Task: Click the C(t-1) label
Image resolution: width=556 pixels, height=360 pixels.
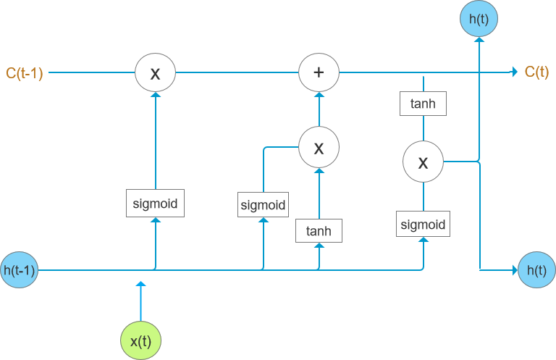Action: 25,72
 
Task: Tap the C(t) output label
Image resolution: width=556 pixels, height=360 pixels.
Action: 536,72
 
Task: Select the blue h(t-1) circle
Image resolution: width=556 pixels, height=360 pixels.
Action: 20,271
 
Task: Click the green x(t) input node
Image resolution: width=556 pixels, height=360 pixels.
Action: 140,340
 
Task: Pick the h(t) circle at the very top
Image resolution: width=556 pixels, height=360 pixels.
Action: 478,19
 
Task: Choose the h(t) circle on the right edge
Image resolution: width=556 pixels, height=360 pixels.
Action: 536,270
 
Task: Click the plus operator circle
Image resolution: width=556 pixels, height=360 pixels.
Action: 319,72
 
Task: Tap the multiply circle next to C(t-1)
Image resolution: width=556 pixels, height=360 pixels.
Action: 155,72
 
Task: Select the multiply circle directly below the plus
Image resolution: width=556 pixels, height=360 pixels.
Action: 319,148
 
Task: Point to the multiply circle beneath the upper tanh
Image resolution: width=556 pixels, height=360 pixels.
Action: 423,162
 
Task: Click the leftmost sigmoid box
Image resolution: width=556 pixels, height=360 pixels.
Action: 155,204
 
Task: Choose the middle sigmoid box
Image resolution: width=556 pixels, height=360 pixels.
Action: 263,205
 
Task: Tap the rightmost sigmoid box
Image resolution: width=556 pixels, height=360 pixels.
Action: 423,224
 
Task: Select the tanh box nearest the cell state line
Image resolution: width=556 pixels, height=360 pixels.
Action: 423,104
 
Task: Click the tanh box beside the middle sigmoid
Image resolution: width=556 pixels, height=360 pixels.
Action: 319,231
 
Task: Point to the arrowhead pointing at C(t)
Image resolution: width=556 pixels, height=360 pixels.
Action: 514,72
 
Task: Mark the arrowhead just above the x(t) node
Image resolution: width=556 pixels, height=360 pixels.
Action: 140,285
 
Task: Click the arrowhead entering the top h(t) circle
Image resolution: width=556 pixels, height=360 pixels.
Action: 478,41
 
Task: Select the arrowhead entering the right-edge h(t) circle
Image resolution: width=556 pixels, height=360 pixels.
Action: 514,270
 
